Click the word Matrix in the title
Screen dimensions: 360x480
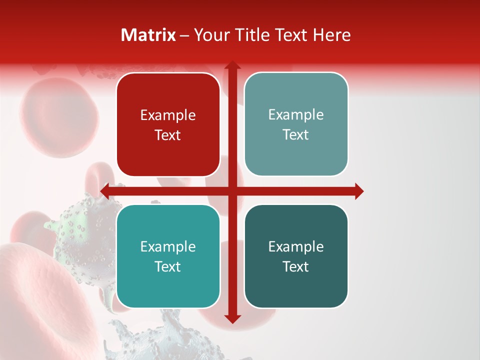point(148,35)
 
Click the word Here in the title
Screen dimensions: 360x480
point(331,35)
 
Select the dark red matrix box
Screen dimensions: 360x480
point(168,150)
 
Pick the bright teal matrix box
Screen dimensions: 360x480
point(168,285)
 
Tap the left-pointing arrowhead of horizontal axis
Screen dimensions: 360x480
point(105,191)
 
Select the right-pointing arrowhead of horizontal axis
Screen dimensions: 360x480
point(358,191)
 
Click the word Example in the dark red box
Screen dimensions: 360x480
point(168,115)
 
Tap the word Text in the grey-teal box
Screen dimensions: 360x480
point(296,134)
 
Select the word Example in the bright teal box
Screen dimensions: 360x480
point(168,246)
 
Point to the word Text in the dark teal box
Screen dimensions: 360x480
point(296,266)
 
